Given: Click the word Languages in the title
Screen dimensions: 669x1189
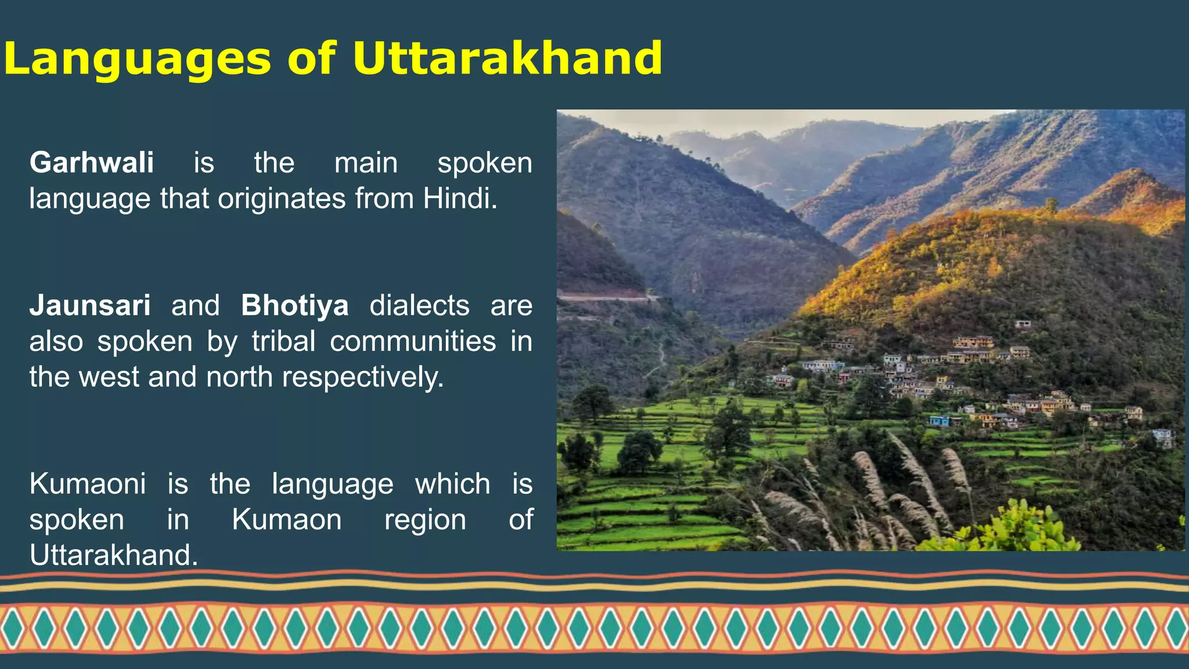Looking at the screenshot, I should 137,59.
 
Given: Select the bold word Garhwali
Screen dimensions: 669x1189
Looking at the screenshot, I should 92,163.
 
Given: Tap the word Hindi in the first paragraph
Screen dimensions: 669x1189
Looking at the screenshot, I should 459,199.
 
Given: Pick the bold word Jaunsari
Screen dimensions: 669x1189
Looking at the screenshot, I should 90,305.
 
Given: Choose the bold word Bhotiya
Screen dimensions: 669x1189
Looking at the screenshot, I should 295,305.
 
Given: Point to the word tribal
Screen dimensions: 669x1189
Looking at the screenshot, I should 284,341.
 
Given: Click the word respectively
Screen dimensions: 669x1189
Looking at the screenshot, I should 363,377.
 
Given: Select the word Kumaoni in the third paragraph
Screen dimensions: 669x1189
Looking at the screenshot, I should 88,484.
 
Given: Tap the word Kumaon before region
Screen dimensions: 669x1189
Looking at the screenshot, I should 287,520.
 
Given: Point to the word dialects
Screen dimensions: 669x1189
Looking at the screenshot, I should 419,305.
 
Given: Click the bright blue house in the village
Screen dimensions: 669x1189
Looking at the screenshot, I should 939,421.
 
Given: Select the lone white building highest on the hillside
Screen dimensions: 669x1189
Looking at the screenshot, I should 1023,323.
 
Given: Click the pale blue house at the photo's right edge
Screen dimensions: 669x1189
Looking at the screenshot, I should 1163,437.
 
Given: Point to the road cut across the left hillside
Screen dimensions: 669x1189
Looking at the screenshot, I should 604,297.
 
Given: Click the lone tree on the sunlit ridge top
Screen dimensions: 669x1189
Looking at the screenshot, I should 1050,205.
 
